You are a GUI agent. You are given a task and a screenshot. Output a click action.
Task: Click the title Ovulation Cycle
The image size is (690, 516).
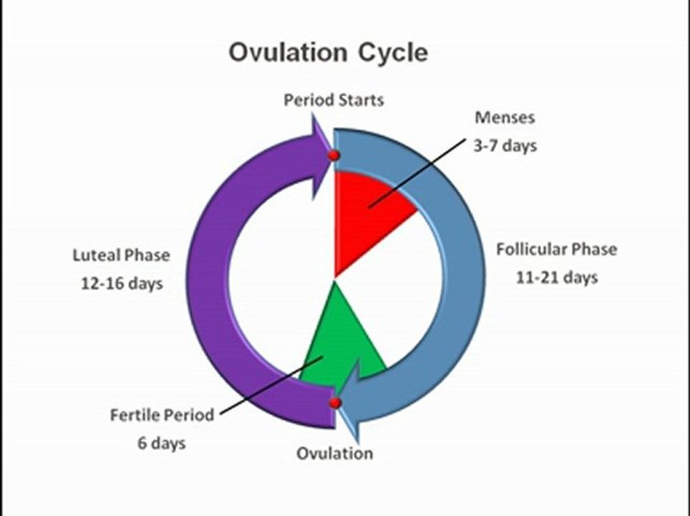pyautogui.click(x=328, y=53)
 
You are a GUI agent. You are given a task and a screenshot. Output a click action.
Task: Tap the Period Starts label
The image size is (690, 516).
pyautogui.click(x=334, y=100)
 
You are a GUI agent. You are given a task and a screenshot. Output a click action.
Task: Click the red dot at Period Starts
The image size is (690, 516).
pyautogui.click(x=333, y=156)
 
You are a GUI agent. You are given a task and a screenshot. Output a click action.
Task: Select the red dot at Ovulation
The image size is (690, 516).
pyautogui.click(x=334, y=403)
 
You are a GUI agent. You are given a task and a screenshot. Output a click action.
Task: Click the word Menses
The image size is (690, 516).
pyautogui.click(x=505, y=118)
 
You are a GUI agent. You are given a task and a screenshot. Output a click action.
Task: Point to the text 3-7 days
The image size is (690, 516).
pyautogui.click(x=505, y=145)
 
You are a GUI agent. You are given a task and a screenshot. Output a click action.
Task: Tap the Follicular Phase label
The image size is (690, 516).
pyautogui.click(x=556, y=249)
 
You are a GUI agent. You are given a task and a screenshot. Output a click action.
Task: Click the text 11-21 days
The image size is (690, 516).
pyautogui.click(x=556, y=277)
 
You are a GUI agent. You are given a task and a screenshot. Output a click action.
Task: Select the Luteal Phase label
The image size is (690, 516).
pyautogui.click(x=122, y=255)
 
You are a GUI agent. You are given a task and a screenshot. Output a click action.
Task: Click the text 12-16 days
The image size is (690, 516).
pyautogui.click(x=122, y=283)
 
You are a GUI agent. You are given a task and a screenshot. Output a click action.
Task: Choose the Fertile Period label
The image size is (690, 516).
pyautogui.click(x=162, y=415)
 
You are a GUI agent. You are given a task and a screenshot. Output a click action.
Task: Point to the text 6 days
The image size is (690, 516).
pyautogui.click(x=162, y=443)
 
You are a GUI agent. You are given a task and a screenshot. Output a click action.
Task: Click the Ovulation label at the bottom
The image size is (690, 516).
pyautogui.click(x=335, y=454)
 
